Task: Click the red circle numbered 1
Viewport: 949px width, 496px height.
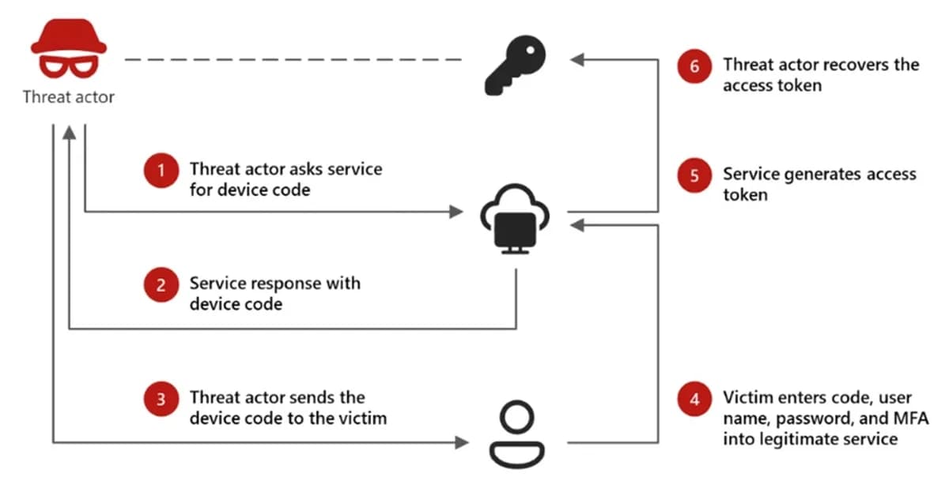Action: (161, 170)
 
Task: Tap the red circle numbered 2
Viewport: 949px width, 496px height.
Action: (161, 285)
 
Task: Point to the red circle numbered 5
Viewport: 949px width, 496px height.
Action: (694, 176)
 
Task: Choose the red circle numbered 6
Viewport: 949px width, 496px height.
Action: (694, 66)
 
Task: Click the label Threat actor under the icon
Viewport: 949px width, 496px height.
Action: (69, 98)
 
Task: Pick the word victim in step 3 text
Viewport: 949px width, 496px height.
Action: (363, 418)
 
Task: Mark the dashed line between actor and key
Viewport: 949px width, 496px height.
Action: (293, 59)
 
